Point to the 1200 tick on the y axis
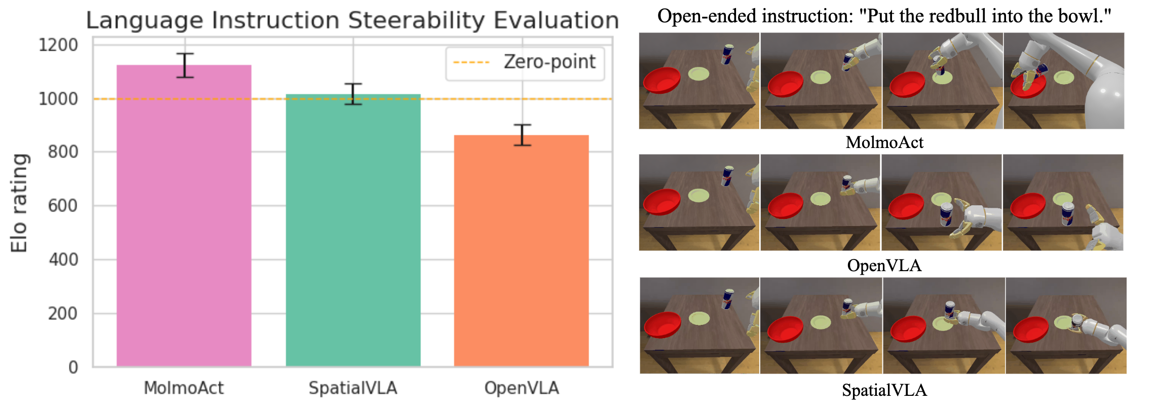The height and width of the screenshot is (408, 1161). [x=58, y=45]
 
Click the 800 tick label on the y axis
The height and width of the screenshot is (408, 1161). [x=63, y=152]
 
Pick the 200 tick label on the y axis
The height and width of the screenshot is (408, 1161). [x=63, y=314]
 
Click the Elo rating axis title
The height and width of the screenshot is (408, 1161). [x=19, y=203]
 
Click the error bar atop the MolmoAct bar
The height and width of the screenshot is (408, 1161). [x=185, y=65]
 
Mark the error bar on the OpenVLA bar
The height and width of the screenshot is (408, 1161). [x=522, y=135]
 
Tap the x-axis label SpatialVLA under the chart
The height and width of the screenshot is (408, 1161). [x=353, y=388]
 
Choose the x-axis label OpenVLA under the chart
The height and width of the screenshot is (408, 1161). [x=521, y=388]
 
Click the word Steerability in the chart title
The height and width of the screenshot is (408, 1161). [x=416, y=21]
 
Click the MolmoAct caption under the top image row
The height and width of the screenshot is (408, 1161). [x=884, y=142]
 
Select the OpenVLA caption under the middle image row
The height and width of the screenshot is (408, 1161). [x=884, y=266]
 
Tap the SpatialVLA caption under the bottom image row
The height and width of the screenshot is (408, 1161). [x=884, y=390]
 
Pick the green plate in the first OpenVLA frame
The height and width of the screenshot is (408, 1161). [x=699, y=196]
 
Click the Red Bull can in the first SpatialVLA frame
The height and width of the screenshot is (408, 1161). [x=728, y=299]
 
